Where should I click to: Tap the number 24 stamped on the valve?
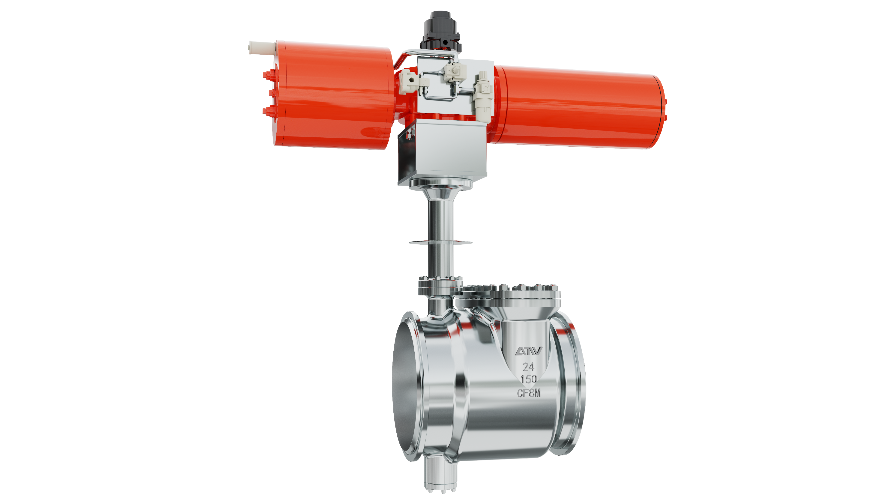point(528,367)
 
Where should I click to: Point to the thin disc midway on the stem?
point(440,243)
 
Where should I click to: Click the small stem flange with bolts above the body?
point(440,285)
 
